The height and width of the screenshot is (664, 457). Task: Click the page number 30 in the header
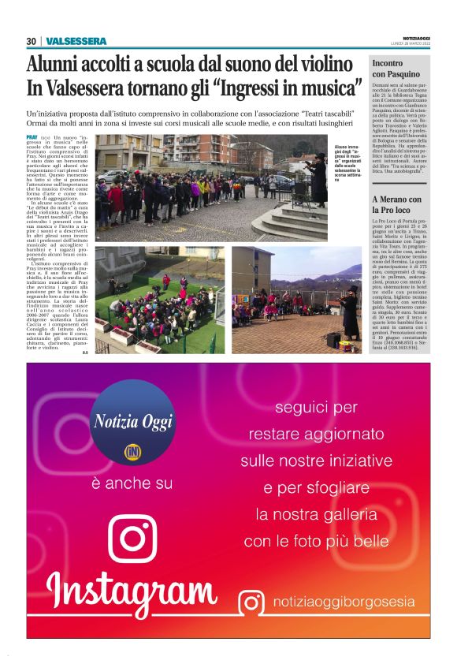click(x=31, y=41)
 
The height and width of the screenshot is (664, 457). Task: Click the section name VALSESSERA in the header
click(x=76, y=41)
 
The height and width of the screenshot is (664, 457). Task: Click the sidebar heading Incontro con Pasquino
click(x=399, y=68)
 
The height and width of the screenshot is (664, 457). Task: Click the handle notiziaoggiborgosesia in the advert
click(x=342, y=602)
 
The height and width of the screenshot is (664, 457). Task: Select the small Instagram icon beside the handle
click(x=251, y=602)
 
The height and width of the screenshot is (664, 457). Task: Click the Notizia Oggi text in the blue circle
click(x=132, y=423)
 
